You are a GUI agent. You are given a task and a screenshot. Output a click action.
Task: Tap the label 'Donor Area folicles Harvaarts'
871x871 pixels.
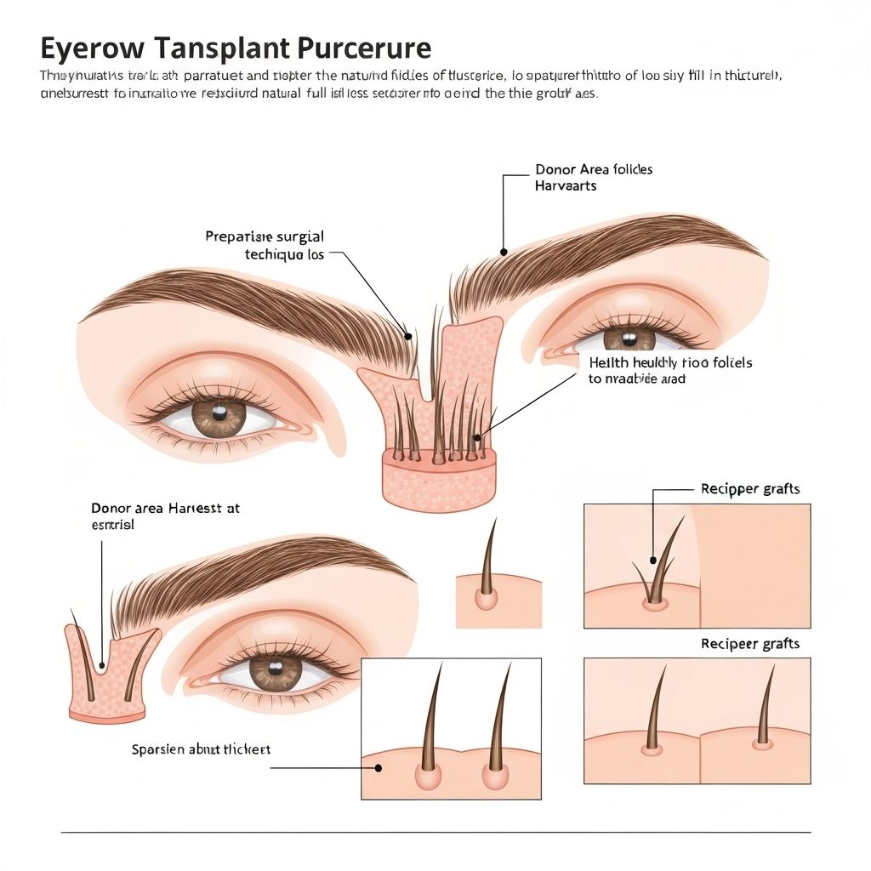pyautogui.click(x=593, y=177)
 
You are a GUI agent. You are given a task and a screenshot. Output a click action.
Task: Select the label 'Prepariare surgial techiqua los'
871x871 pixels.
pyautogui.click(x=265, y=245)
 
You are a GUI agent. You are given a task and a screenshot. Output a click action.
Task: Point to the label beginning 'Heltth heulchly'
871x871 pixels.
pyautogui.click(x=670, y=370)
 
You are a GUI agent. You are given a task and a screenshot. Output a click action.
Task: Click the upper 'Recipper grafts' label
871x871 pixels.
pyautogui.click(x=749, y=489)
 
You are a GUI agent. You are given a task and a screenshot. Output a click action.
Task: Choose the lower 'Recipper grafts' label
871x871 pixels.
pyautogui.click(x=749, y=644)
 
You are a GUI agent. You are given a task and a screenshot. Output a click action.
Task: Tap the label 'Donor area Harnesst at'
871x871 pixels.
pyautogui.click(x=165, y=516)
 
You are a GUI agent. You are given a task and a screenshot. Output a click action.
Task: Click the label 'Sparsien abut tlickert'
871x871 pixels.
pyautogui.click(x=201, y=749)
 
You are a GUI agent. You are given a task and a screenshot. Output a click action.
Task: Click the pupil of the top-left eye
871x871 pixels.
pyautogui.click(x=219, y=415)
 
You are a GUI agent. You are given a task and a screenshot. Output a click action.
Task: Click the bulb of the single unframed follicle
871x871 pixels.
pyautogui.click(x=486, y=600)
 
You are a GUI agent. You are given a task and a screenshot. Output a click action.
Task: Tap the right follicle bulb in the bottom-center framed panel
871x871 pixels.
pyautogui.click(x=495, y=775)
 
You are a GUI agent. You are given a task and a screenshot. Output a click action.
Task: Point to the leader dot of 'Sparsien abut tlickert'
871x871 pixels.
pyautogui.click(x=379, y=767)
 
